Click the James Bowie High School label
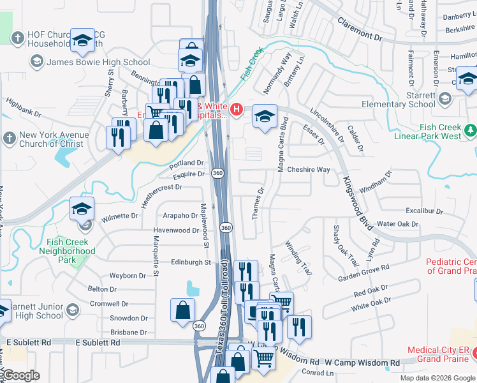click(98, 62)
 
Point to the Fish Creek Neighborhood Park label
click(71, 251)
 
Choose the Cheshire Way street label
click(308, 170)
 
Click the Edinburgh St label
click(190, 262)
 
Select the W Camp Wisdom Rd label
click(362, 363)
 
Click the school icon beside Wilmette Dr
click(82, 209)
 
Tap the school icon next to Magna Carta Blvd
click(265, 116)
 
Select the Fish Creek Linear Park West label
click(441, 131)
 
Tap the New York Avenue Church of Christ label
click(51, 139)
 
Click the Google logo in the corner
click(21, 375)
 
